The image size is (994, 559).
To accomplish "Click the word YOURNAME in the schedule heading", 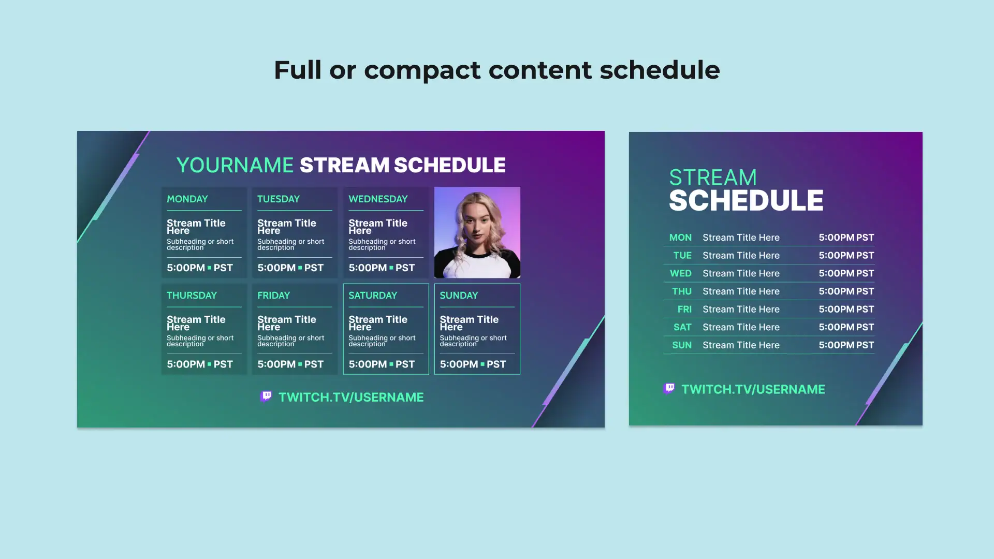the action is click(x=235, y=165).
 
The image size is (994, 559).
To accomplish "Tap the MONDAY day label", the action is click(x=187, y=199).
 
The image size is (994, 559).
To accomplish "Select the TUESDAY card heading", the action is click(x=279, y=199).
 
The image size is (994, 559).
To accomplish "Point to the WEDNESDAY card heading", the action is click(x=378, y=199).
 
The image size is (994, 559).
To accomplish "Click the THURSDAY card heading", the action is click(x=192, y=296).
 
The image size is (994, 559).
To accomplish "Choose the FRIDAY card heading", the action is click(x=273, y=296).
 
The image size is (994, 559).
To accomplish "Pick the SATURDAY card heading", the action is click(x=373, y=296).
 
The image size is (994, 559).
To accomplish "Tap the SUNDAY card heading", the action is click(x=459, y=296).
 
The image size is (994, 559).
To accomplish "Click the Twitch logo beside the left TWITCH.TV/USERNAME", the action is click(x=266, y=396).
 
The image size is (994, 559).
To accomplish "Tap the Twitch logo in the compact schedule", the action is click(x=669, y=389).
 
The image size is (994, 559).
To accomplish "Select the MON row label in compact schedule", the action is click(x=680, y=238).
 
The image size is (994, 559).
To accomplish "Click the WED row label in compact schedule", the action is click(x=680, y=273).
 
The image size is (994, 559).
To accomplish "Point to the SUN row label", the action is click(x=682, y=345).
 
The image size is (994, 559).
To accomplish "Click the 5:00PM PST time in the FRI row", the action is click(x=846, y=309).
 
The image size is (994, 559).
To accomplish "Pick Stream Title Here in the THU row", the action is click(x=741, y=291).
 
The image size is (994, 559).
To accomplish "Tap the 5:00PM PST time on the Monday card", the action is click(x=200, y=268).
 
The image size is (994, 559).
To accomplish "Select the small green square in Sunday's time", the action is click(x=483, y=364).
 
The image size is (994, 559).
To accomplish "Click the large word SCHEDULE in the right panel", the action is click(x=746, y=200).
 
